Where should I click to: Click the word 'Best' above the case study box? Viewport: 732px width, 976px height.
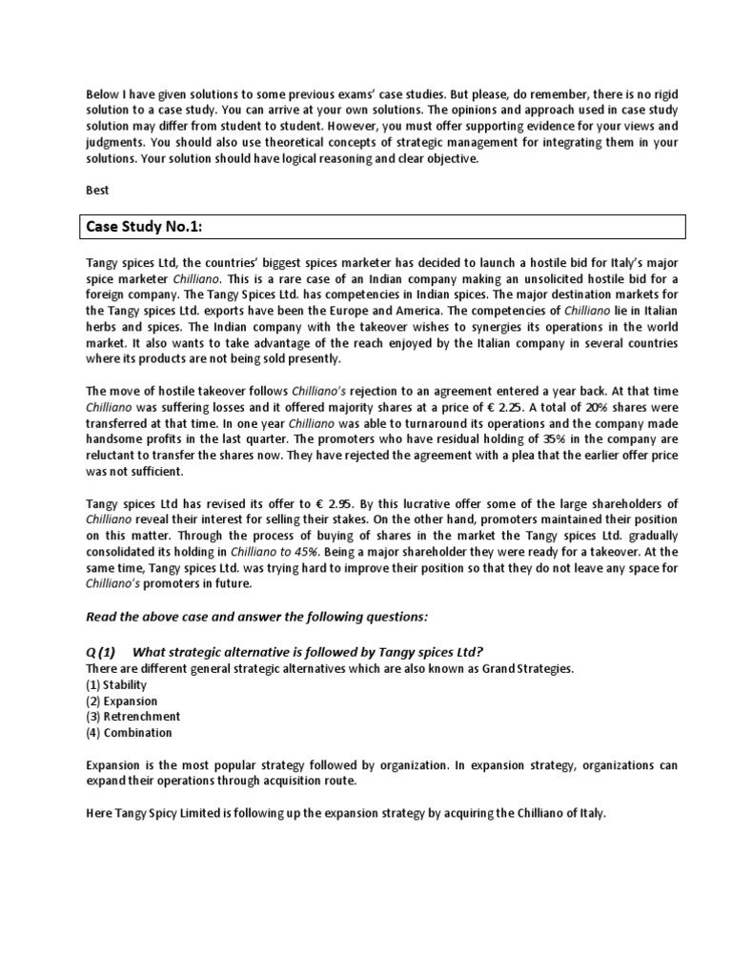pyautogui.click(x=98, y=191)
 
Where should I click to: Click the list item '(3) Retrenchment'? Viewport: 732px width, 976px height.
pyautogui.click(x=132, y=716)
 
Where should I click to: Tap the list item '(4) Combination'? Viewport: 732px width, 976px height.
pyautogui.click(x=129, y=732)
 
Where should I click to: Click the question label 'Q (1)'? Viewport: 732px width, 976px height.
pyautogui.click(x=100, y=652)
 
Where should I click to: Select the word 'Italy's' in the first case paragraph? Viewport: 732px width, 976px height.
pyautogui.click(x=630, y=262)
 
